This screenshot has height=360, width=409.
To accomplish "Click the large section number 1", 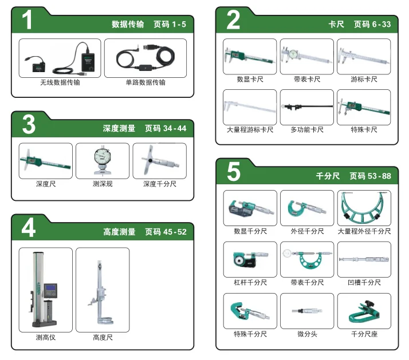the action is click(x=27, y=20).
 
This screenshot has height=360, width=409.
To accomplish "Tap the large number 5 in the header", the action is click(x=234, y=171).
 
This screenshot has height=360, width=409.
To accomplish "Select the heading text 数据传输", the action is click(x=128, y=24).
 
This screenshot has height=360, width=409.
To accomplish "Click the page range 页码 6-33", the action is click(x=372, y=24).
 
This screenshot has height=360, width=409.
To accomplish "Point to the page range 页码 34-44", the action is click(x=166, y=128).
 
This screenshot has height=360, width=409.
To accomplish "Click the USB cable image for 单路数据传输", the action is click(x=145, y=58).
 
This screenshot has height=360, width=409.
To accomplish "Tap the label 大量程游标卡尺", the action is click(x=250, y=129).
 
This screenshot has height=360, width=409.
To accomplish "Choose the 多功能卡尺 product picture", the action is click(x=307, y=106).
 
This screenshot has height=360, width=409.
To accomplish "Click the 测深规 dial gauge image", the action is click(x=103, y=161).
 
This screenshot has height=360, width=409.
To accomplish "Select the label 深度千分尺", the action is click(x=160, y=184).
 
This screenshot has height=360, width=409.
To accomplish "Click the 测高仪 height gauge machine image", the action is click(x=44, y=289).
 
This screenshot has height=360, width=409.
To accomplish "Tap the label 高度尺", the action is click(x=103, y=338).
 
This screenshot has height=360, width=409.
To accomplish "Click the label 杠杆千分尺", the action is click(x=250, y=282).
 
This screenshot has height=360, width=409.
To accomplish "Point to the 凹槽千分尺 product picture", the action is click(x=364, y=259).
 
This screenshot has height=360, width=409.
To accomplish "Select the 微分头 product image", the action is click(x=307, y=311).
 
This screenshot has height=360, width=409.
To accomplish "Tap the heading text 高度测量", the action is click(x=119, y=232).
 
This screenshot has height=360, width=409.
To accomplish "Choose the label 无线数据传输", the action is click(x=60, y=82).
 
